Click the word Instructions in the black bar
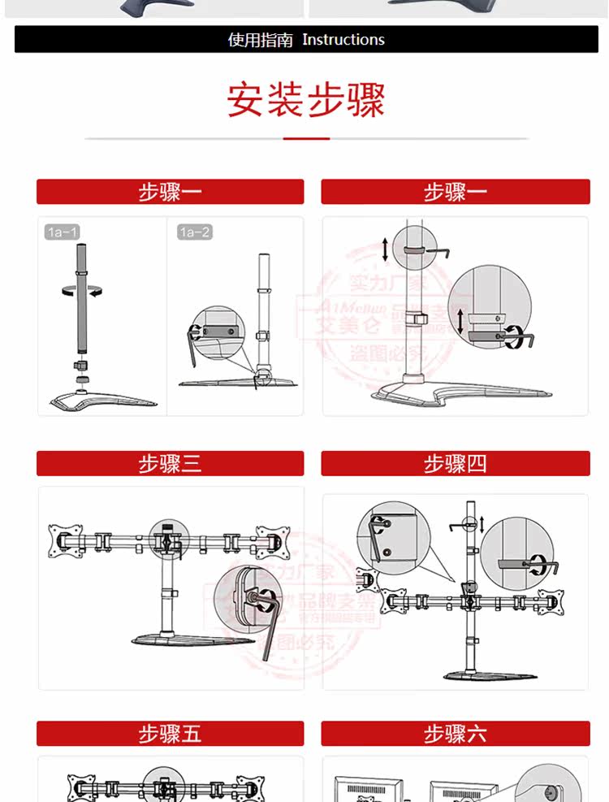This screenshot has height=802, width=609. click(x=343, y=39)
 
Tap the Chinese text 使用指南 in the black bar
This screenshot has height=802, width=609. click(x=260, y=40)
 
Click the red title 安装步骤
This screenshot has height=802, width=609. click(x=306, y=100)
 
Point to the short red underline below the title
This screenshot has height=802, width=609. click(x=306, y=139)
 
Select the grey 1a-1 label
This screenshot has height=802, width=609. click(x=62, y=232)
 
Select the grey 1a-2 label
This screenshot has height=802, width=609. click(x=194, y=232)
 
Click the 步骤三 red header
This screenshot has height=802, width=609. click(x=170, y=464)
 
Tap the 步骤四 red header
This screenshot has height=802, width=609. click(x=455, y=464)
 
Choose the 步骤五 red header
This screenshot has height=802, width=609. click(x=170, y=734)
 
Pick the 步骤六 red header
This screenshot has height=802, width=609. click(x=455, y=734)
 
